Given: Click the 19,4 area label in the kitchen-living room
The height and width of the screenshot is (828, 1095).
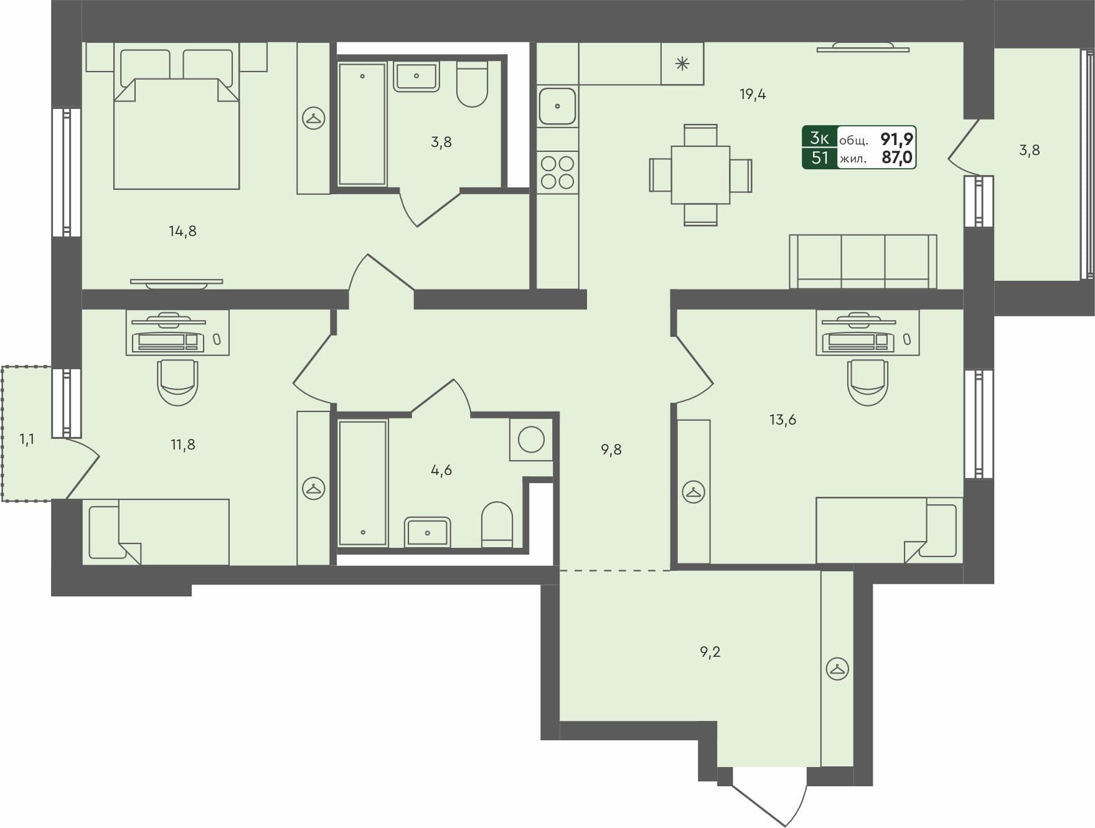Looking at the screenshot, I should [753, 95].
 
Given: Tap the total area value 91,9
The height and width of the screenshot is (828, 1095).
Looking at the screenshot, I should [896, 138].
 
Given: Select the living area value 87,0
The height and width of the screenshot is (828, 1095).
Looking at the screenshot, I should [896, 158].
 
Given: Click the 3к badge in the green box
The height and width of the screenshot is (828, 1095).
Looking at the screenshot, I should [819, 138].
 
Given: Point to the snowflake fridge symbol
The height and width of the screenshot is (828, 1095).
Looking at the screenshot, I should [682, 64].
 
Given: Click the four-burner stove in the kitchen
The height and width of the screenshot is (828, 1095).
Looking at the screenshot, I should [557, 172].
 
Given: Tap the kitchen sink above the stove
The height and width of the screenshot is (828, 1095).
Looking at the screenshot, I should [557, 106].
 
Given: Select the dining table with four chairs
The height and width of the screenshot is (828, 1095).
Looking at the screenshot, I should [700, 175].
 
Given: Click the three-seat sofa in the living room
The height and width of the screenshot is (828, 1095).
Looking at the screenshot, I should [863, 261].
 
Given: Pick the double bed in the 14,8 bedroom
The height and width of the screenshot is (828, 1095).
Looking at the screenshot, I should [176, 134].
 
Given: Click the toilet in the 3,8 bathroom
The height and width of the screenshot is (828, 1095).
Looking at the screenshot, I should [472, 85].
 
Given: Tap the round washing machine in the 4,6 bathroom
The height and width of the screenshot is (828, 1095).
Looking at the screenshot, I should [531, 440].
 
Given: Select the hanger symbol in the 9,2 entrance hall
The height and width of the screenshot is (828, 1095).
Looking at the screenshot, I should [837, 669].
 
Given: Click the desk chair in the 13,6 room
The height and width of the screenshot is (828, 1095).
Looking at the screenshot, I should [867, 382].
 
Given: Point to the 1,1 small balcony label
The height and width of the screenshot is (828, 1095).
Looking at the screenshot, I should [27, 440].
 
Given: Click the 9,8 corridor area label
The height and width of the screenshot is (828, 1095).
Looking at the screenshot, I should [611, 449].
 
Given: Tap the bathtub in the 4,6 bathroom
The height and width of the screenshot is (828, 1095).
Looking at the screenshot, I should [362, 482].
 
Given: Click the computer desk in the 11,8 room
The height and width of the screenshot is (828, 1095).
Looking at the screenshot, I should [177, 333].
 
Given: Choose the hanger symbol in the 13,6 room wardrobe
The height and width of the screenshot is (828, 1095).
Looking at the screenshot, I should [693, 492].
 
